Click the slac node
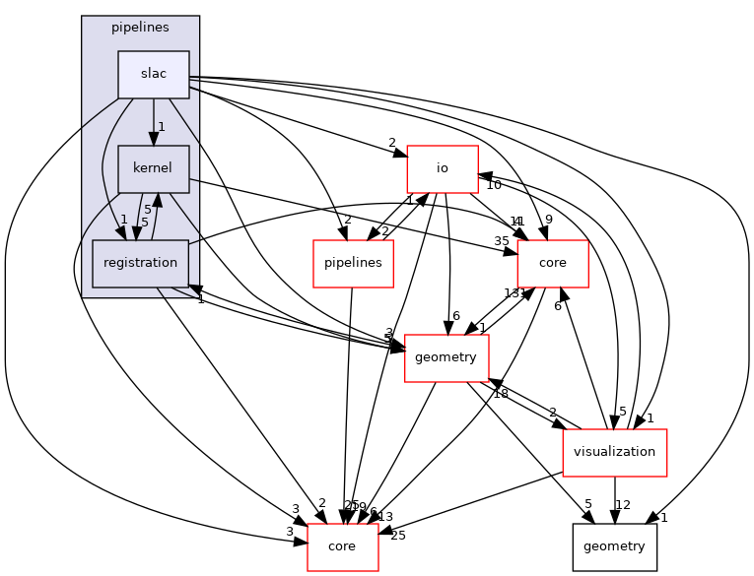coord(153,75)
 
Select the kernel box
coord(153,168)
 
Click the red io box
coord(443,168)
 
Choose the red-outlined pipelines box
coord(354,263)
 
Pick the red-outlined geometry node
coord(446,357)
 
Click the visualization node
coord(614,452)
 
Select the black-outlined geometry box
coord(615,546)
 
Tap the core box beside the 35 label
coord(552,263)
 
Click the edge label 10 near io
coord(494,185)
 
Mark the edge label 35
coord(503,240)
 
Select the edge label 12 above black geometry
coord(622,505)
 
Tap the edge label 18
coord(501,394)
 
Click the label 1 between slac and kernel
coord(161,126)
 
